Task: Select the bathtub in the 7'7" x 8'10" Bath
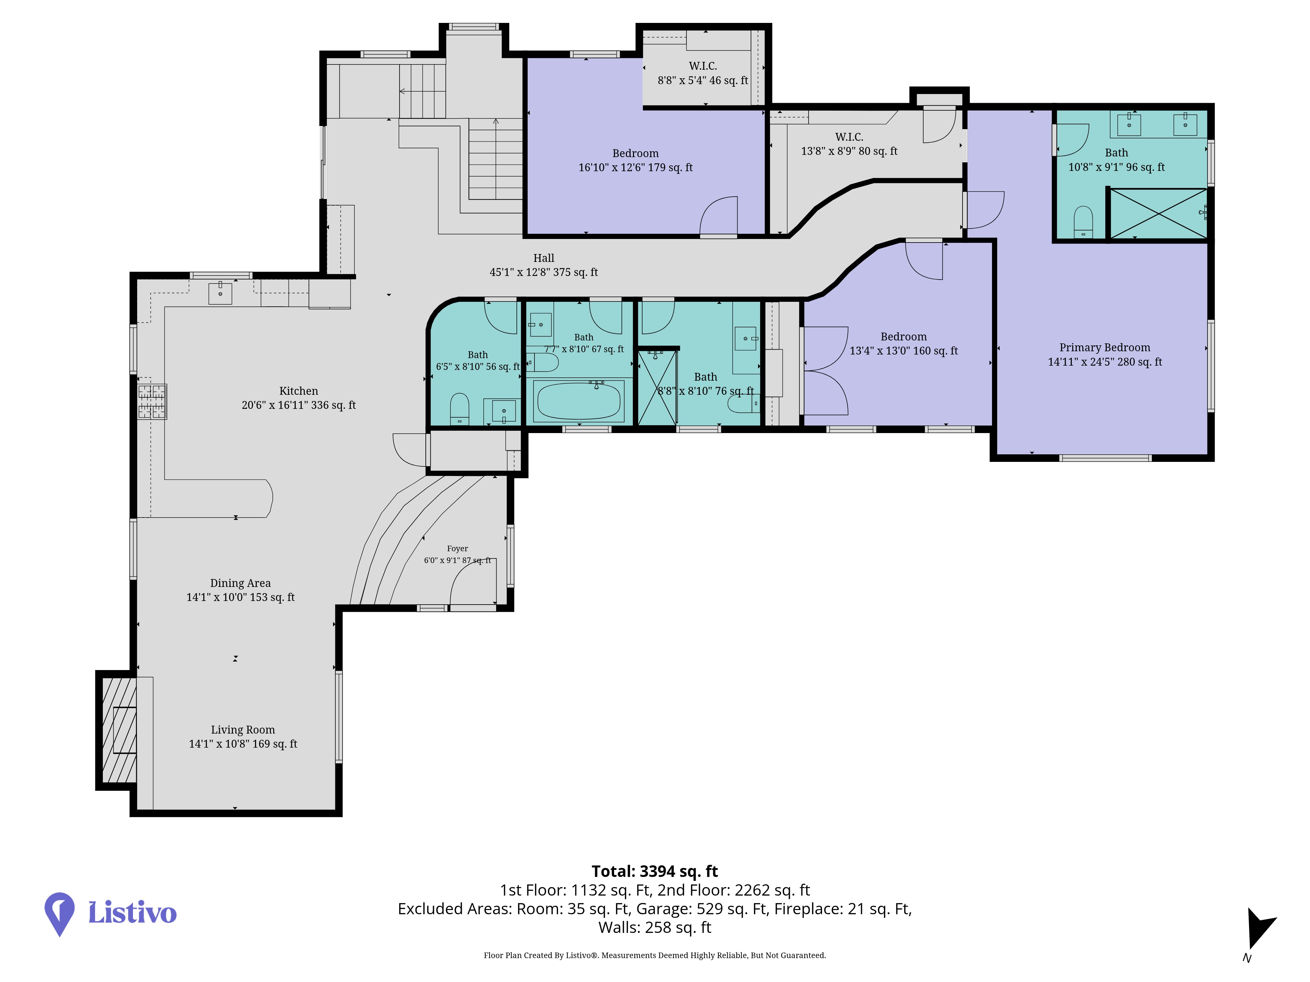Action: tap(579, 401)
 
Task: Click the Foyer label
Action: tap(457, 549)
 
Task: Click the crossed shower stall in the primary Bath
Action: tap(1158, 214)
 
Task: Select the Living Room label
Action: tap(243, 730)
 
